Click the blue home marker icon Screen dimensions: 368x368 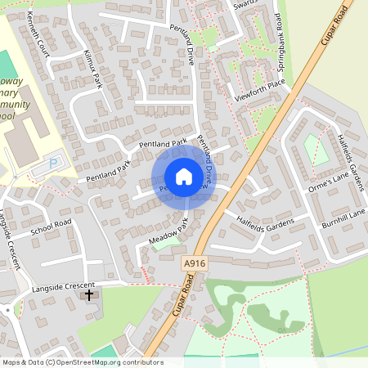pyautogui.click(x=184, y=177)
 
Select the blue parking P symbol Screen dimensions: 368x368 pyautogui.click(x=54, y=164)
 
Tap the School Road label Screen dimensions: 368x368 pyautogui.click(x=52, y=227)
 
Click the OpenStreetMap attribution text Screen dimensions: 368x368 pyautogui.click(x=82, y=362)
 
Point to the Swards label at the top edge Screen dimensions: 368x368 pyautogui.click(x=246, y=3)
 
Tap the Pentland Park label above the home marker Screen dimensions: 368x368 pyautogui.click(x=163, y=144)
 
